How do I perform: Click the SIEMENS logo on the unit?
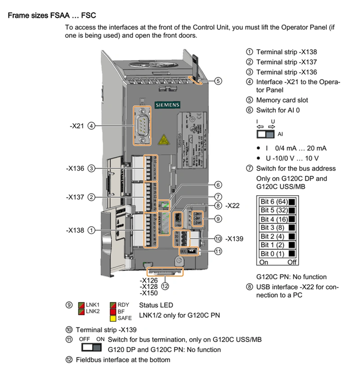click(x=167, y=105)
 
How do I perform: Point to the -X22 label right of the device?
click(x=233, y=206)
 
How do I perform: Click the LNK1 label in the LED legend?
click(x=93, y=305)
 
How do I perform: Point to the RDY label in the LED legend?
click(x=123, y=305)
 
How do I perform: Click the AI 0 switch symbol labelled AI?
click(x=265, y=134)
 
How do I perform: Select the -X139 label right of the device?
click(x=234, y=238)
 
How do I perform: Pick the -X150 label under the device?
click(x=148, y=293)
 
